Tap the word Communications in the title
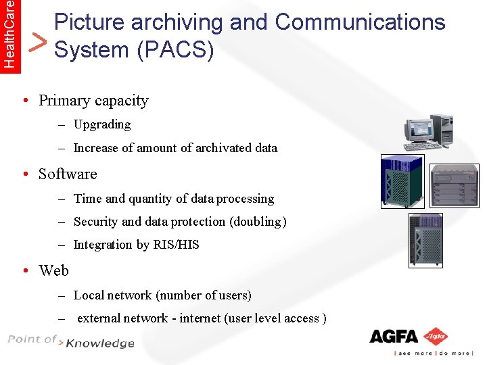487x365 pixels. (360, 22)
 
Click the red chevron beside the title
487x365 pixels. (40, 43)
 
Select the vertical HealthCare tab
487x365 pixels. (9, 33)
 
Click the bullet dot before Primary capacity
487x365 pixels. (24, 101)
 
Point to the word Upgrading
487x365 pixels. (102, 124)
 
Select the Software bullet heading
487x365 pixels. (68, 174)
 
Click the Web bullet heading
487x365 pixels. (53, 270)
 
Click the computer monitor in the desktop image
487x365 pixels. (418, 128)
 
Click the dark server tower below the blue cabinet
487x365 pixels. (425, 240)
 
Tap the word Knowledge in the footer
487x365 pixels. (100, 344)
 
